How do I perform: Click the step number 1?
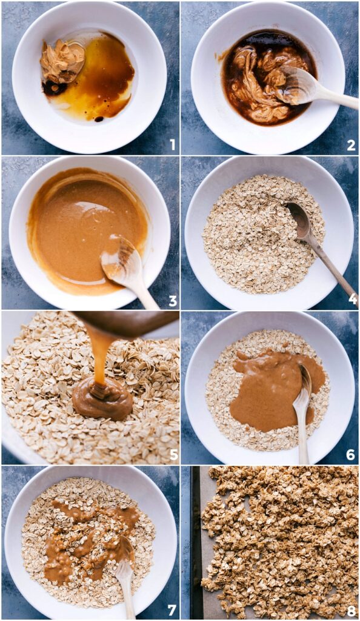[172, 144]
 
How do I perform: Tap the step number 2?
[351, 144]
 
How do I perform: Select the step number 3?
[172, 300]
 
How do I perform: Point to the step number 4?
[351, 300]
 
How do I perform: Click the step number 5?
[172, 455]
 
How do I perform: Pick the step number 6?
[351, 455]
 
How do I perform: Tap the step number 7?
[172, 609]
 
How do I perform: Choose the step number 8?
[351, 609]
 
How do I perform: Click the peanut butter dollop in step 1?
[62, 61]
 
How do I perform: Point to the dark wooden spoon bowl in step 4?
[299, 216]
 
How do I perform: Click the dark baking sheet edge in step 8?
[197, 546]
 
